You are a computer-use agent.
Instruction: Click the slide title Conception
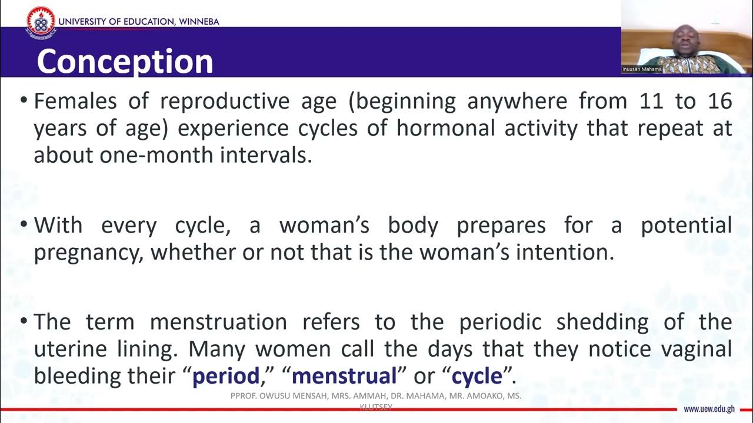[x=125, y=62]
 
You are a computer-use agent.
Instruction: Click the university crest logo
[x=41, y=22]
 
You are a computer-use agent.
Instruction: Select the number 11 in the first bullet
[x=652, y=102]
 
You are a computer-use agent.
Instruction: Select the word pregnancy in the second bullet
[x=88, y=253]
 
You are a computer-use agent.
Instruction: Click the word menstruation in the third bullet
[x=218, y=322]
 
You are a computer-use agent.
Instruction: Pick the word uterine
[x=71, y=349]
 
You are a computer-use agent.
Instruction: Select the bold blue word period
[x=226, y=376]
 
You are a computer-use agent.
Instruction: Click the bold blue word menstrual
[x=344, y=376]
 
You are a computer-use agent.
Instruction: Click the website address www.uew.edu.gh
[x=709, y=409]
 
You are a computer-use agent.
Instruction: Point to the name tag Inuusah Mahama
[x=642, y=69]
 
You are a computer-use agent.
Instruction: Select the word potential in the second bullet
[x=686, y=226]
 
